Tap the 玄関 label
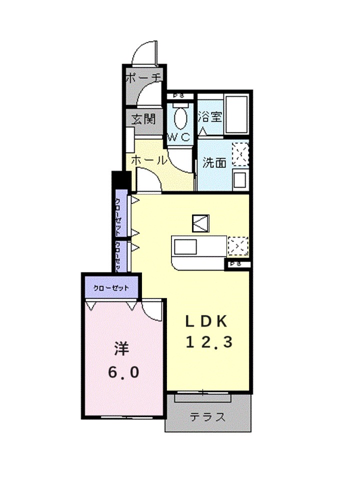tap(143, 119)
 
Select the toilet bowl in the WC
tap(180, 119)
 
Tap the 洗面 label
tap(214, 162)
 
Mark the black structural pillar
tap(120, 179)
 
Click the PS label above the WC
tap(178, 96)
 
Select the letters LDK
tap(208, 320)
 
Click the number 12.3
tap(209, 342)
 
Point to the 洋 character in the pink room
tap(121, 348)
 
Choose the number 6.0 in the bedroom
tap(122, 372)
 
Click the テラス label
tap(206, 417)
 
